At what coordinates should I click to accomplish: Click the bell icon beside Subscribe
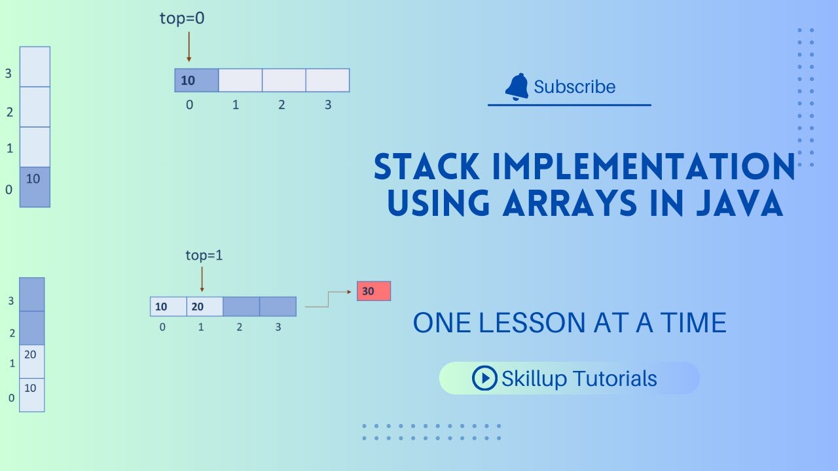pos(517,86)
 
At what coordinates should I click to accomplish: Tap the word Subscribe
pos(574,87)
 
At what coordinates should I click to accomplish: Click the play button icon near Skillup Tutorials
pos(484,378)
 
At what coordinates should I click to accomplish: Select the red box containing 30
pos(374,291)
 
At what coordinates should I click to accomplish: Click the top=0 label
pos(182,19)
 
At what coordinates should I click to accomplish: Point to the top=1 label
pos(204,255)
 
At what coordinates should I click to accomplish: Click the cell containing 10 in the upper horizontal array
pos(196,80)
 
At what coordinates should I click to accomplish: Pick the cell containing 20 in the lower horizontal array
pos(204,307)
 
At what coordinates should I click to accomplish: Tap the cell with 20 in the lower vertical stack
pos(31,361)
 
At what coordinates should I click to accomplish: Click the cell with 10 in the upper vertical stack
pos(35,187)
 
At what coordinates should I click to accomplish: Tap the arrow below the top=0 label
pos(189,46)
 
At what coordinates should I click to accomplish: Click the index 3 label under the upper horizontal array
pos(328,105)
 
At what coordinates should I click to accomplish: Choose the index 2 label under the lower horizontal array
pos(239,326)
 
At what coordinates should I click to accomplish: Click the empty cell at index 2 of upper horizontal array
pos(283,80)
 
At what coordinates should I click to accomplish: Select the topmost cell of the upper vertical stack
pos(35,66)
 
